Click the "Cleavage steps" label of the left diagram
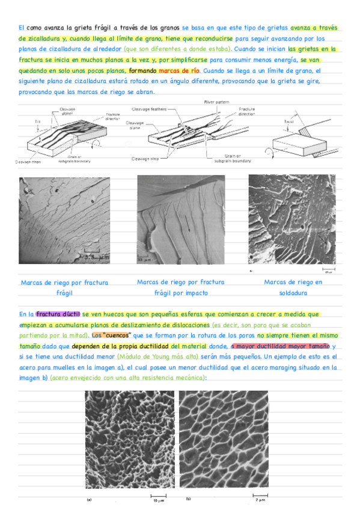28,161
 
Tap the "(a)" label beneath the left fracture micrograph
89,499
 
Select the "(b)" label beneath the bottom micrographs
188,499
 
